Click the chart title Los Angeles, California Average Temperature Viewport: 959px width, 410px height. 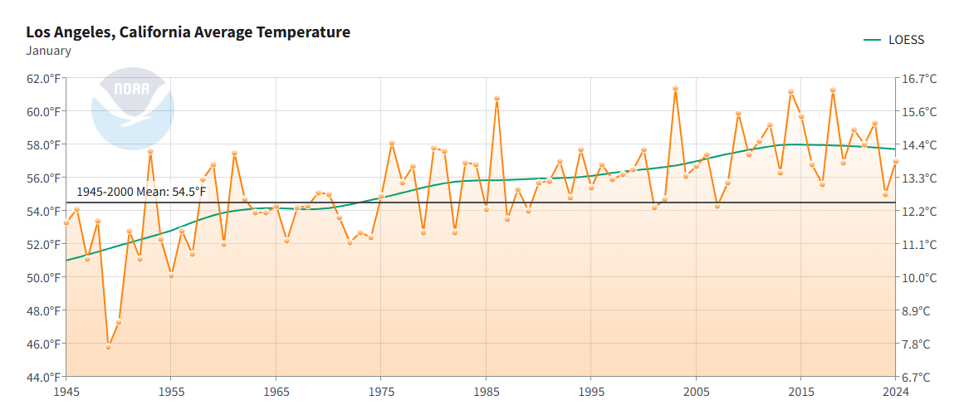188,32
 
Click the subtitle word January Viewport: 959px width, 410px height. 48,51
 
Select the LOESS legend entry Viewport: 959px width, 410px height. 895,40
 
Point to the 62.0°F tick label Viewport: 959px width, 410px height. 43,79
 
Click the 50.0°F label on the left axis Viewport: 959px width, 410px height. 43,277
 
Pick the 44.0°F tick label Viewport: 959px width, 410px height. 43,377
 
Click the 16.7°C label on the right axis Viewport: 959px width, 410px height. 919,79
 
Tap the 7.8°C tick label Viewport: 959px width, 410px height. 919,344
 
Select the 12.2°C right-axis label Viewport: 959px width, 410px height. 919,212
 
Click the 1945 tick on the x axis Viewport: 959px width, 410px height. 66,391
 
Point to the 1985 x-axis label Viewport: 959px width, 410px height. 486,391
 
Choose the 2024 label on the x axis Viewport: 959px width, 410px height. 895,391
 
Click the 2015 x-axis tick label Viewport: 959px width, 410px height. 800,391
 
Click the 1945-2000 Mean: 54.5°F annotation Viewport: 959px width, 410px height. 141,192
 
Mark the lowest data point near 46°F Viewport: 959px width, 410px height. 108,347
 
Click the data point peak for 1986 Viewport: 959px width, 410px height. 497,98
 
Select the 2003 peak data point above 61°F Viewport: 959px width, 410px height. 675,88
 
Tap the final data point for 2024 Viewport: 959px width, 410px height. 895,162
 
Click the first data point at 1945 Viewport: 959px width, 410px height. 66,222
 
